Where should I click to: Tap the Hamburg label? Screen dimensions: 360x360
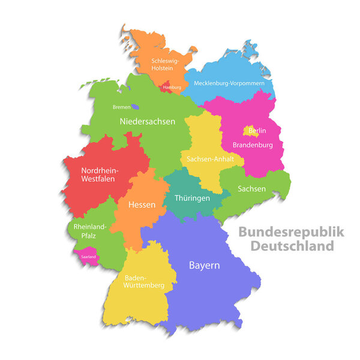tap(172, 88)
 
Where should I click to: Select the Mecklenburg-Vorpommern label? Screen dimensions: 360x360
tap(229, 83)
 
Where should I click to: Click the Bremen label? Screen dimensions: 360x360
tap(121, 107)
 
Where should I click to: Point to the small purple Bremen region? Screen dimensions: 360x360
tap(136, 107)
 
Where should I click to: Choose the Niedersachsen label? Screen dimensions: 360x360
tap(148, 121)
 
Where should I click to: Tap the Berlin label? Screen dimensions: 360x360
tap(257, 130)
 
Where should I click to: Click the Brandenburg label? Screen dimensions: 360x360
tap(253, 145)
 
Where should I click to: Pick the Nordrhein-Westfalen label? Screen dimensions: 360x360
tap(100, 175)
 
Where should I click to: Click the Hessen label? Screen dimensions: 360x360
tap(142, 205)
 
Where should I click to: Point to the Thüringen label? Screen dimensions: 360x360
tap(192, 198)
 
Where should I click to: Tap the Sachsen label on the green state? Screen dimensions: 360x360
tap(251, 188)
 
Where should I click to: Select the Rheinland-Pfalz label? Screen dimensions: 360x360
tap(90, 232)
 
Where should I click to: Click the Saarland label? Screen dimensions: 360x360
tap(88, 257)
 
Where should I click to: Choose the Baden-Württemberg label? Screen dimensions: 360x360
tap(144, 281)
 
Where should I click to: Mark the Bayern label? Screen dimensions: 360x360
tap(204, 265)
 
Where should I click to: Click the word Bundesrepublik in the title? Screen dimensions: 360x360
tap(291, 232)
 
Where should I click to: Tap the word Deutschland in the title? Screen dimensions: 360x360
tap(292, 245)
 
